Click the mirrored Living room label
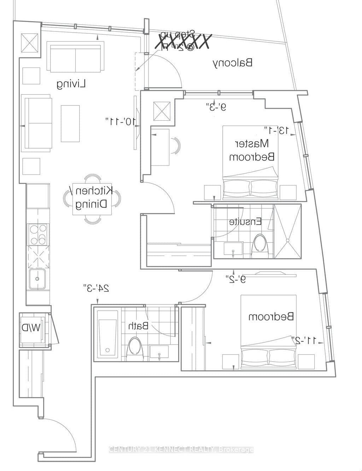[72, 84]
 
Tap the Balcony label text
[233, 63]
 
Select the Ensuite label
[245, 222]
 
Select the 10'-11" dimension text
[120, 121]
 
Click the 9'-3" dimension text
[216, 107]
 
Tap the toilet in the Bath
[134, 346]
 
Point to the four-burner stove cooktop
[38, 234]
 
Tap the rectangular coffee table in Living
[70, 124]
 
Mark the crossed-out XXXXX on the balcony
[184, 42]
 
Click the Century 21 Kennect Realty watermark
[181, 450]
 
